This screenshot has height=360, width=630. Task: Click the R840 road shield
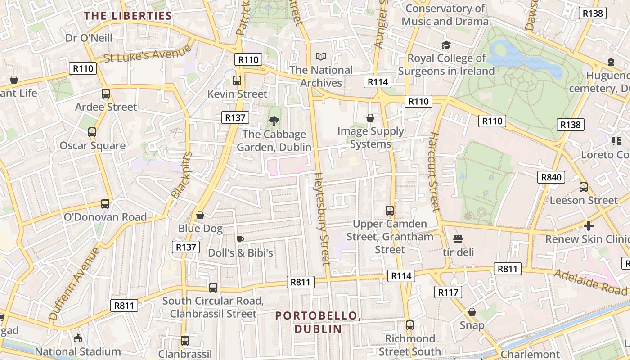(x=551, y=177)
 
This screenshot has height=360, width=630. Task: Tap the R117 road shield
(x=448, y=292)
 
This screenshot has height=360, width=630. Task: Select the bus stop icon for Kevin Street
(x=237, y=81)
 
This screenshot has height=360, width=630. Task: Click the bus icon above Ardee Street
(x=106, y=94)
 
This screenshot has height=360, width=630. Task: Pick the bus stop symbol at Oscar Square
(x=92, y=132)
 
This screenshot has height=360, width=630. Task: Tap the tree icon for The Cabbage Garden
(x=273, y=121)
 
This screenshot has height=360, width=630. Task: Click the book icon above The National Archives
(x=320, y=56)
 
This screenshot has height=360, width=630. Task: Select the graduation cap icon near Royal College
(x=446, y=45)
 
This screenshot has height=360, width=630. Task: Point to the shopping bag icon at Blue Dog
(x=200, y=215)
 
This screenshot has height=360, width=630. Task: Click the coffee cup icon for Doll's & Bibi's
(x=240, y=239)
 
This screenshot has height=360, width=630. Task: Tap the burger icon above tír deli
(x=458, y=238)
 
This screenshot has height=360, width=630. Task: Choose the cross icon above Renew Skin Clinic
(x=589, y=225)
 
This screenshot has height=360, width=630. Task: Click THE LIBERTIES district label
(x=128, y=16)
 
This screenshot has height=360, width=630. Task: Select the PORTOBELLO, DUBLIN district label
(x=318, y=322)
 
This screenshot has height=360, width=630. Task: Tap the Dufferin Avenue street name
(x=74, y=283)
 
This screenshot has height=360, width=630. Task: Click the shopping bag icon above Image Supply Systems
(x=370, y=118)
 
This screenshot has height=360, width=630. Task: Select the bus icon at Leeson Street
(x=584, y=187)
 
